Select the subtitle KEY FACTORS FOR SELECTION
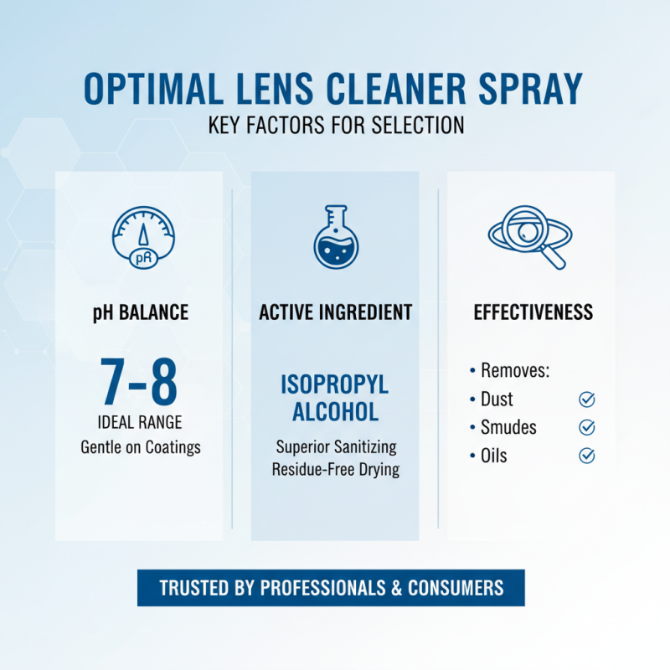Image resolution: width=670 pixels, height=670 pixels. click(335, 126)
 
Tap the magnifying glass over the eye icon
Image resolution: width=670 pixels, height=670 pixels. click(529, 235)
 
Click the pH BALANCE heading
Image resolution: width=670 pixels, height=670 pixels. click(140, 313)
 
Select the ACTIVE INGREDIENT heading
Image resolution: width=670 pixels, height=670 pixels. click(335, 313)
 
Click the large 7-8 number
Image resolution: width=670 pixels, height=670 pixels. click(140, 383)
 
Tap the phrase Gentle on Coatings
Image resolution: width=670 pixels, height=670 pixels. click(140, 446)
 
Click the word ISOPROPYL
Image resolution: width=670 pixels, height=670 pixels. click(335, 385)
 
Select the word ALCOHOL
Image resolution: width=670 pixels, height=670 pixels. click(335, 411)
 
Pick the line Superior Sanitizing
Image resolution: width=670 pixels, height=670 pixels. click(336, 446)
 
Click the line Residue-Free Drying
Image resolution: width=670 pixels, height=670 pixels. click(335, 469)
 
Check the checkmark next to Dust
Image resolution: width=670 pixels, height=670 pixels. click(587, 399)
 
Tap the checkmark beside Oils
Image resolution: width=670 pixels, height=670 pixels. click(587, 456)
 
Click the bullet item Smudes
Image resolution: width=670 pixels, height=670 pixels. click(508, 427)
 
